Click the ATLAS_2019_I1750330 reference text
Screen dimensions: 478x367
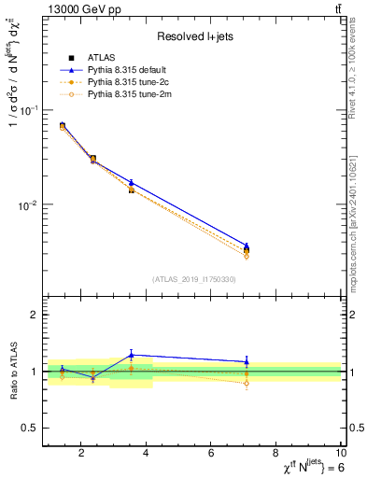194,279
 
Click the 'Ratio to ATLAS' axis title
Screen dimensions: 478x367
13,372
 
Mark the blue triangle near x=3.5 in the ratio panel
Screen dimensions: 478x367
132,355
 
